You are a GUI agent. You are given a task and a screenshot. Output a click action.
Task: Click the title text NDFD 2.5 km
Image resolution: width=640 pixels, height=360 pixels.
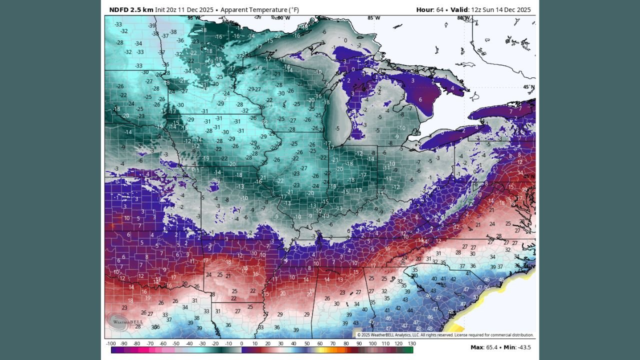click(x=131, y=9)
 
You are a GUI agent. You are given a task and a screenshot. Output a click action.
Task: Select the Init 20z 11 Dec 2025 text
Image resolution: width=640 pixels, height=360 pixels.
click(x=185, y=9)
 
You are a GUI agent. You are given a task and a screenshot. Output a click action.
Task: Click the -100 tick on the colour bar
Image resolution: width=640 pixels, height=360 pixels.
click(x=111, y=343)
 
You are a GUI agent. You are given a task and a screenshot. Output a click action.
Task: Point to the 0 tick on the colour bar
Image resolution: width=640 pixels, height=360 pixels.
click(x=241, y=343)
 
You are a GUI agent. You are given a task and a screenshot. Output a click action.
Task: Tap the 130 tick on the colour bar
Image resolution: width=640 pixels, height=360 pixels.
click(x=411, y=343)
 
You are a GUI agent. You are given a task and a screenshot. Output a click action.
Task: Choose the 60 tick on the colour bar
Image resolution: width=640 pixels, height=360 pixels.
click(x=320, y=343)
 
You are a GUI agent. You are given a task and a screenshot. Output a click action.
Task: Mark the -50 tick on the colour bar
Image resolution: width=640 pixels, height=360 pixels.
click(x=176, y=343)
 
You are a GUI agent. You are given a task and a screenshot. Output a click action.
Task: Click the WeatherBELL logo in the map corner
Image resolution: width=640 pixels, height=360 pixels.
click(x=119, y=321)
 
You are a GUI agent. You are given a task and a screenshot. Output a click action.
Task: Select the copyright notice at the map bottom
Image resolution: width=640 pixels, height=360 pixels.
click(x=445, y=335)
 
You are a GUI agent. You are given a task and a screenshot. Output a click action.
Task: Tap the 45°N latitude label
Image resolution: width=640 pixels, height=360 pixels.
click(x=528, y=87)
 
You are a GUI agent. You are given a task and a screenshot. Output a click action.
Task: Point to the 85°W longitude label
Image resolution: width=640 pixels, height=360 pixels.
click(x=373, y=18)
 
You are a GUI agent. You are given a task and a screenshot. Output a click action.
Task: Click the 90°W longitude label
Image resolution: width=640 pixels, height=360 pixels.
click(x=283, y=18)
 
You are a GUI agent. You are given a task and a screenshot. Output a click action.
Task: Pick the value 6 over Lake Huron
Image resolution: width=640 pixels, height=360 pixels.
click(x=420, y=99)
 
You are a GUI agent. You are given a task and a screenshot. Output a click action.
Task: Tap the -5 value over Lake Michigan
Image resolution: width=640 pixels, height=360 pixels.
click(x=337, y=128)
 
